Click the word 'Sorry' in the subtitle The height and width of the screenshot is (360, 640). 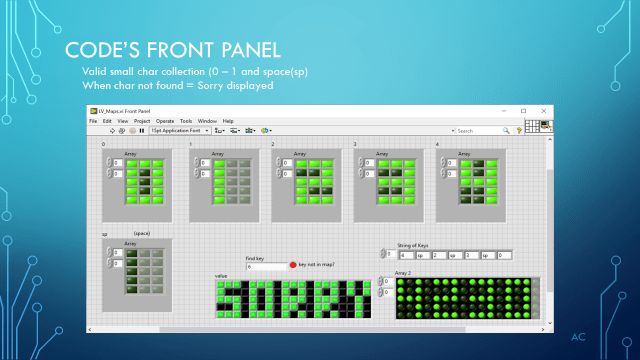[211, 85]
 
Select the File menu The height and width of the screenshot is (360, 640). [93, 120]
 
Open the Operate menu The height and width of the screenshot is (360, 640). [164, 120]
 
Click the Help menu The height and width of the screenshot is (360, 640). [228, 120]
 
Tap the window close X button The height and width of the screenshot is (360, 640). [546, 109]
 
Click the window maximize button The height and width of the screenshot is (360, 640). [531, 109]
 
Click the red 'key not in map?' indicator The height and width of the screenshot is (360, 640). [293, 264]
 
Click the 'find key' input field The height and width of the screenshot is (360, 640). [265, 267]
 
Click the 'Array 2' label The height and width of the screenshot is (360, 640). [403, 272]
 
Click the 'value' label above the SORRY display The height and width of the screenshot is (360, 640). [221, 275]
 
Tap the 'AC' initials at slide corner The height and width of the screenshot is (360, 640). [577, 338]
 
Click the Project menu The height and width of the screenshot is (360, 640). [140, 120]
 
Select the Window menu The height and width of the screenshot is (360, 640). [207, 120]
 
